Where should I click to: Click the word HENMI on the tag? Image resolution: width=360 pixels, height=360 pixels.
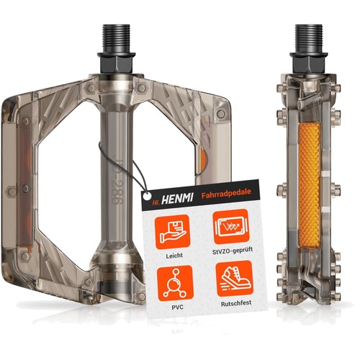point(177,199)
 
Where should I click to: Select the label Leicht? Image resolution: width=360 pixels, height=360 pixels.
point(174,256)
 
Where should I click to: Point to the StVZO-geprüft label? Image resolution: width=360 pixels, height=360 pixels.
point(233,251)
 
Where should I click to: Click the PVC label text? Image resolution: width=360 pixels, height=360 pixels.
point(178,307)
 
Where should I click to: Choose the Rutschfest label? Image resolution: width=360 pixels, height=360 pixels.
point(236,303)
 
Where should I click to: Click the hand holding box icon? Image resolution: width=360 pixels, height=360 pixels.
point(173,232)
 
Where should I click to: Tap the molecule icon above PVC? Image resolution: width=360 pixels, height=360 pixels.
point(175,284)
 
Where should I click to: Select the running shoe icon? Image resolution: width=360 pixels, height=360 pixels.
point(235,279)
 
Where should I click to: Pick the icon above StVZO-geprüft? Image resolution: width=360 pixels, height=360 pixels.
point(231,226)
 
